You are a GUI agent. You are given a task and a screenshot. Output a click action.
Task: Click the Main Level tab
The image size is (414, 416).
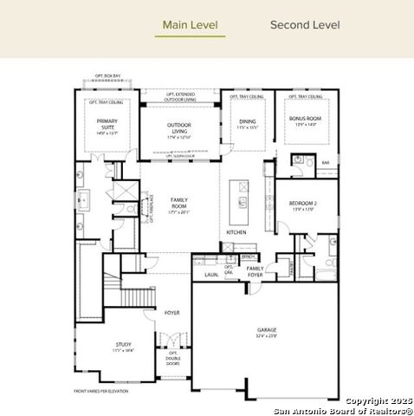click(x=190, y=24)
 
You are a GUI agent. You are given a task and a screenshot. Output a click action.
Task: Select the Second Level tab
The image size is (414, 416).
click(x=305, y=24)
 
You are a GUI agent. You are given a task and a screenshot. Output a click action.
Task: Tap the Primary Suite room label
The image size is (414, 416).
click(x=107, y=126)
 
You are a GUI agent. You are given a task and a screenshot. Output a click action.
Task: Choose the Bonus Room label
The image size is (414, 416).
click(x=308, y=120)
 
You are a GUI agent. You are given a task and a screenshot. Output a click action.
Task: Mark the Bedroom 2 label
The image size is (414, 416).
click(x=303, y=205)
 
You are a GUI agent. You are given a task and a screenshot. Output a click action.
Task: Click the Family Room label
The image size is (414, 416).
click(x=179, y=204)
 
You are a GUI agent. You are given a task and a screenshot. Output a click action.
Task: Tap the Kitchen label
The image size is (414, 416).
click(x=236, y=232)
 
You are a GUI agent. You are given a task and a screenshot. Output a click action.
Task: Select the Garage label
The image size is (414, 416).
click(x=267, y=331)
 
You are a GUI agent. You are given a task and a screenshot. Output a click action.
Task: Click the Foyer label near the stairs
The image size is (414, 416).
click(x=172, y=313)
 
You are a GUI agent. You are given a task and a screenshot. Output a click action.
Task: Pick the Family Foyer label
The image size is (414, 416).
click(x=255, y=271)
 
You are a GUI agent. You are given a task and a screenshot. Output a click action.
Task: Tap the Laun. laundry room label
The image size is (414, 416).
click(x=211, y=275)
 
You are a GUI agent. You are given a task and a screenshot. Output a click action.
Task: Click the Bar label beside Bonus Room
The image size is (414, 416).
click(x=326, y=162)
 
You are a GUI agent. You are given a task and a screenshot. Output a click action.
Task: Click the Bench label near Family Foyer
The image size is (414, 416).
click(x=248, y=257)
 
